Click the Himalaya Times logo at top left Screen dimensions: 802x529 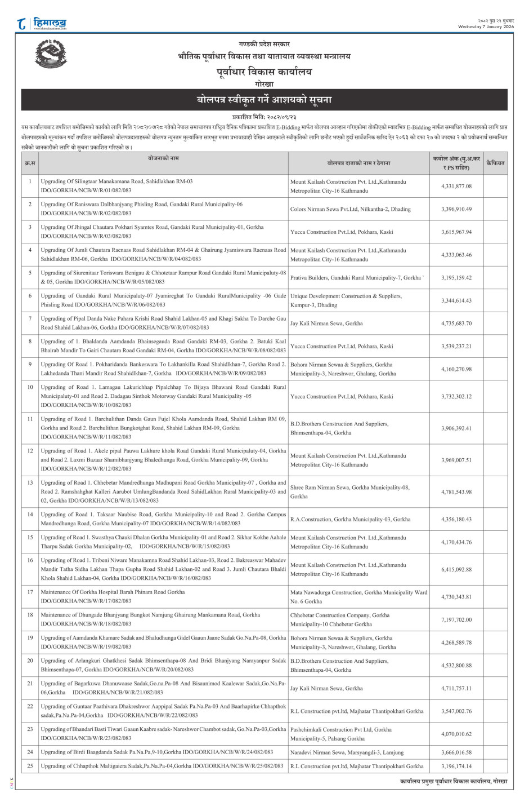42,24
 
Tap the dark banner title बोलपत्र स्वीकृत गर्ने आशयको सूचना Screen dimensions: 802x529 264,100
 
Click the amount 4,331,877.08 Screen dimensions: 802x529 456,187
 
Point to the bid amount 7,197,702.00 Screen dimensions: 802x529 456,620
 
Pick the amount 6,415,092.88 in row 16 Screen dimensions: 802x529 456,570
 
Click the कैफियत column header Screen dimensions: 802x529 495,163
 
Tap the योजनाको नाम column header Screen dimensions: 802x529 163,159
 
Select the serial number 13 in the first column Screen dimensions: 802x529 30,482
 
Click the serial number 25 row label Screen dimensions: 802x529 30,766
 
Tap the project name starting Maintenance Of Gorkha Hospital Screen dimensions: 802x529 113,592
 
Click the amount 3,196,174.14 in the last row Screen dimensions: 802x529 456,766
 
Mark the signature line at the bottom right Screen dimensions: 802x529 454,781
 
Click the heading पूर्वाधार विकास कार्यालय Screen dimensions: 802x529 264,72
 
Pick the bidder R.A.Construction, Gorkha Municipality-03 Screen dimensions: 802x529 350,520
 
